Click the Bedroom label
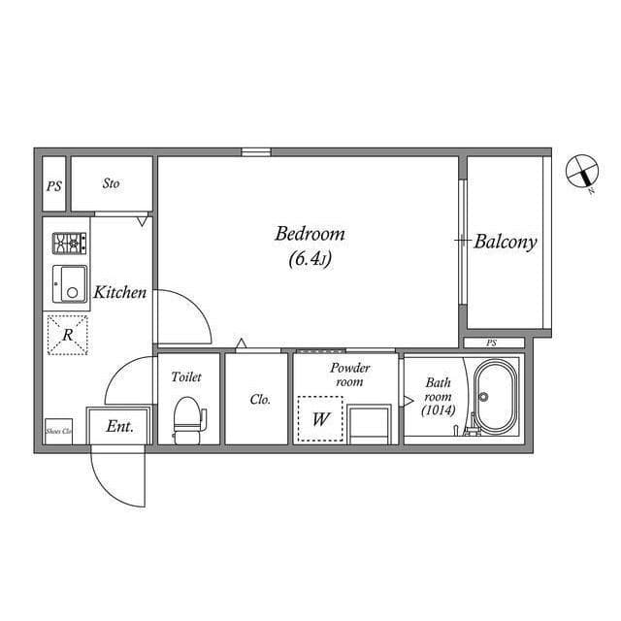(x=310, y=234)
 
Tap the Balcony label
(x=506, y=242)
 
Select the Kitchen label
(x=120, y=292)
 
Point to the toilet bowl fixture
(x=188, y=420)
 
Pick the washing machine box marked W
(x=321, y=419)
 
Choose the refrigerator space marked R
(x=68, y=335)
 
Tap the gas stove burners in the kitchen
(x=69, y=242)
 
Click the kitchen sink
(x=69, y=283)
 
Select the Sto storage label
(x=111, y=183)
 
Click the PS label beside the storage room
(x=53, y=184)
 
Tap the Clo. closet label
(x=259, y=399)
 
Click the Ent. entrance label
(x=120, y=426)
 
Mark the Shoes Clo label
(x=59, y=428)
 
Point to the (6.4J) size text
(x=310, y=259)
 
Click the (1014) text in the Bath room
(x=438, y=410)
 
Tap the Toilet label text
(x=186, y=376)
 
